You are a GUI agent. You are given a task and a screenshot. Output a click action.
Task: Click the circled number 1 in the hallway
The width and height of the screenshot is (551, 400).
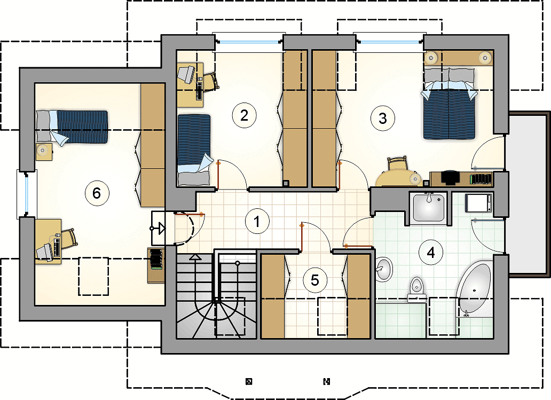coord(257,222)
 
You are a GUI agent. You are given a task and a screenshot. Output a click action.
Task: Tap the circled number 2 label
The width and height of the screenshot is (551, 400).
coord(244,115)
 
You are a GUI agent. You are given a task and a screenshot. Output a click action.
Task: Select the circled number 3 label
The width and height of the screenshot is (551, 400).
coord(383,118)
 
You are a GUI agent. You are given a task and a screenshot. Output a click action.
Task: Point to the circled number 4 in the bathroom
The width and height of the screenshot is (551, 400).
coord(431,252)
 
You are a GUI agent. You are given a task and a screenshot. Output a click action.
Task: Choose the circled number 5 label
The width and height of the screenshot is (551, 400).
coord(315,280)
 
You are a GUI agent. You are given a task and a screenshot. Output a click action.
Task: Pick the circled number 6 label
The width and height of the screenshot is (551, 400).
coord(97,193)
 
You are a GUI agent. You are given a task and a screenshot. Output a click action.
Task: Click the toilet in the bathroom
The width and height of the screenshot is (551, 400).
coord(417,289)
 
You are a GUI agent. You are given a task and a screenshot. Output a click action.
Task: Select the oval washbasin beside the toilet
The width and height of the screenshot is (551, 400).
coord(384,269)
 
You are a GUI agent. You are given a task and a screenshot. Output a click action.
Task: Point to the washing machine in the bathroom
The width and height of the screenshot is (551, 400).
coord(478,203)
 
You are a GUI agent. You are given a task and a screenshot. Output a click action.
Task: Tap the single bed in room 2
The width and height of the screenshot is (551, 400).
coord(195,150)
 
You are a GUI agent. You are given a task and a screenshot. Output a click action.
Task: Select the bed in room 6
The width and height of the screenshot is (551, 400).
coord(72,127)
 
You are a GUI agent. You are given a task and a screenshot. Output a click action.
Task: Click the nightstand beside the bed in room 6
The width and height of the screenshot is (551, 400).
coord(44,152)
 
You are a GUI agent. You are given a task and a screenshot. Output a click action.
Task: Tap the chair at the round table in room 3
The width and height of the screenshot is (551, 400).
coord(397,164)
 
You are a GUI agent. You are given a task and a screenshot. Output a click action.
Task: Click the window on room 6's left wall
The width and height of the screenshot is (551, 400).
coord(27,194)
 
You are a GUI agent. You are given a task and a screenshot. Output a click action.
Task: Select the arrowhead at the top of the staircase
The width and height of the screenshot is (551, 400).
coord(195,257)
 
